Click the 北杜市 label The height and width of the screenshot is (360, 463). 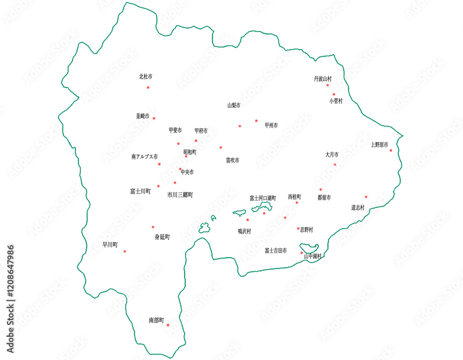(146, 76)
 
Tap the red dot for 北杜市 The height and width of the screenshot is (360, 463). (148, 87)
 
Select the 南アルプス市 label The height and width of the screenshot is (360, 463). (144, 157)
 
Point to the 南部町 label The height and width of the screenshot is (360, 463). (156, 320)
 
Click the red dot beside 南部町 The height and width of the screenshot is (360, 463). (168, 325)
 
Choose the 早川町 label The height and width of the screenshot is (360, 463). (110, 245)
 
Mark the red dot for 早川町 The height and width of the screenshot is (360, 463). (125, 251)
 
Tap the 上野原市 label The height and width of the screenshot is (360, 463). (379, 145)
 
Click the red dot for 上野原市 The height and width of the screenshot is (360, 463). (391, 150)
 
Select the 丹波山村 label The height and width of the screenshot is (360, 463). (323, 79)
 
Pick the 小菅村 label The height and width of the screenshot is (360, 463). (336, 101)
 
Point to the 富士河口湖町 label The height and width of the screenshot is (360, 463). (263, 198)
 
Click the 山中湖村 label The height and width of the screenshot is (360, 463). (313, 256)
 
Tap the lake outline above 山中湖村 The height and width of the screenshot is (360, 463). (308, 247)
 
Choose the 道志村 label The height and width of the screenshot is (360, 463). (358, 208)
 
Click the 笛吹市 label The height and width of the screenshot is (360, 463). (232, 161)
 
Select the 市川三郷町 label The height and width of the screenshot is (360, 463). (180, 195)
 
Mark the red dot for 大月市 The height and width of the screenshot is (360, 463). (335, 164)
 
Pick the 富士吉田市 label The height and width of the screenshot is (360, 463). (275, 251)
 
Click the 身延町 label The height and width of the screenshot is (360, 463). (162, 237)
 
